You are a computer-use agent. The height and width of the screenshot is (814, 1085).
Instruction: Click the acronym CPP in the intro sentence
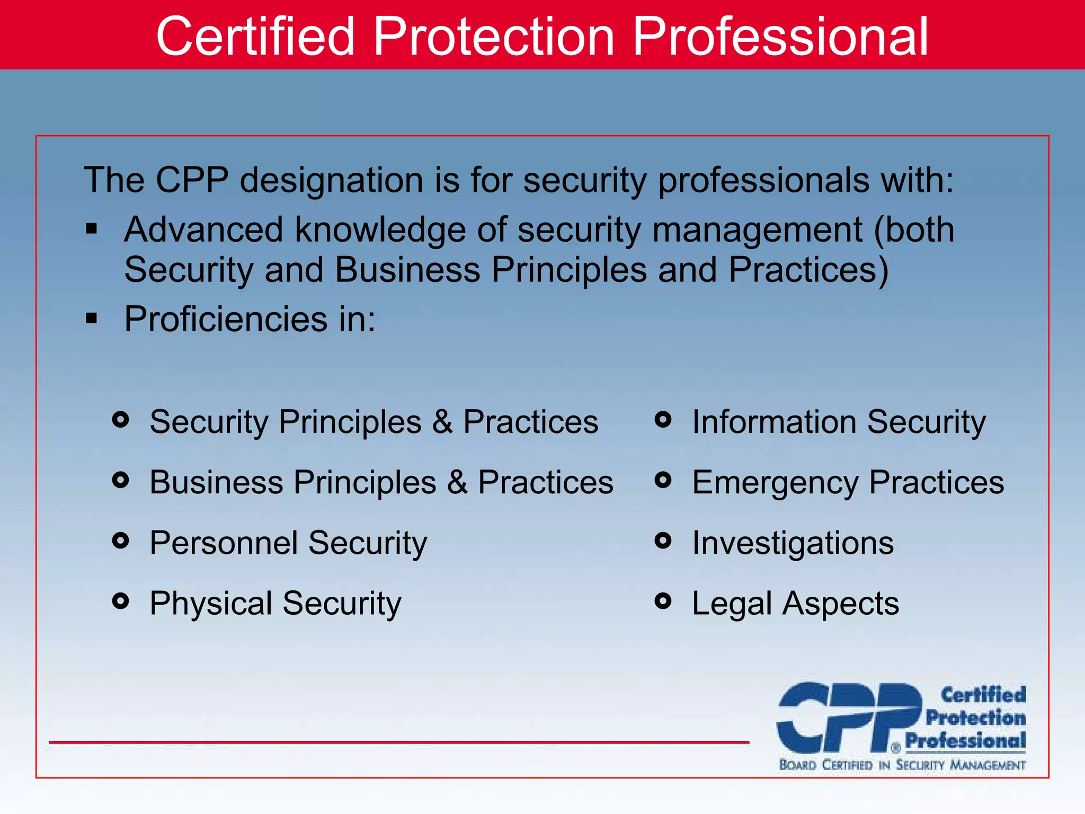192,180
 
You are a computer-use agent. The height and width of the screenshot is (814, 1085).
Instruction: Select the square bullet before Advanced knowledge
92,229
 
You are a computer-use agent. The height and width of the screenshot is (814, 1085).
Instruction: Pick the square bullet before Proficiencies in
92,318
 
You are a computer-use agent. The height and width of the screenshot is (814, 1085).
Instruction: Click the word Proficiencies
226,320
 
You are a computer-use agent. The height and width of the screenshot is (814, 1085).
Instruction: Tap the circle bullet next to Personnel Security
121,541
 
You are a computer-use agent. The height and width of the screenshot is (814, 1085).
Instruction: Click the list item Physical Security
275,604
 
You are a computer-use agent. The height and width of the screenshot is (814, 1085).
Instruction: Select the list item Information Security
839,422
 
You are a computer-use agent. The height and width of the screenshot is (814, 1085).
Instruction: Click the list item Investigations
793,543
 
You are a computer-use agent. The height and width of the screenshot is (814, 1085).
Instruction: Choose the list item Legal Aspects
795,604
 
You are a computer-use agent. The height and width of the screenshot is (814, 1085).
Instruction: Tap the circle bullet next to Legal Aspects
663,601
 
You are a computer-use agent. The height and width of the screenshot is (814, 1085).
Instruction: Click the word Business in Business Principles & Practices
216,483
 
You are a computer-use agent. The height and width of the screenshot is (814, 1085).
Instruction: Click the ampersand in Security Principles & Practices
442,422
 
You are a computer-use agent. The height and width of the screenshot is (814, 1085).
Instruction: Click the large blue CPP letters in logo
848,718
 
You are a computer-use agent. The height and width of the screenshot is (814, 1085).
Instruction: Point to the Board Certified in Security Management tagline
902,765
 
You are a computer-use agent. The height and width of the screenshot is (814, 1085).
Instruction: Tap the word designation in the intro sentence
331,180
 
